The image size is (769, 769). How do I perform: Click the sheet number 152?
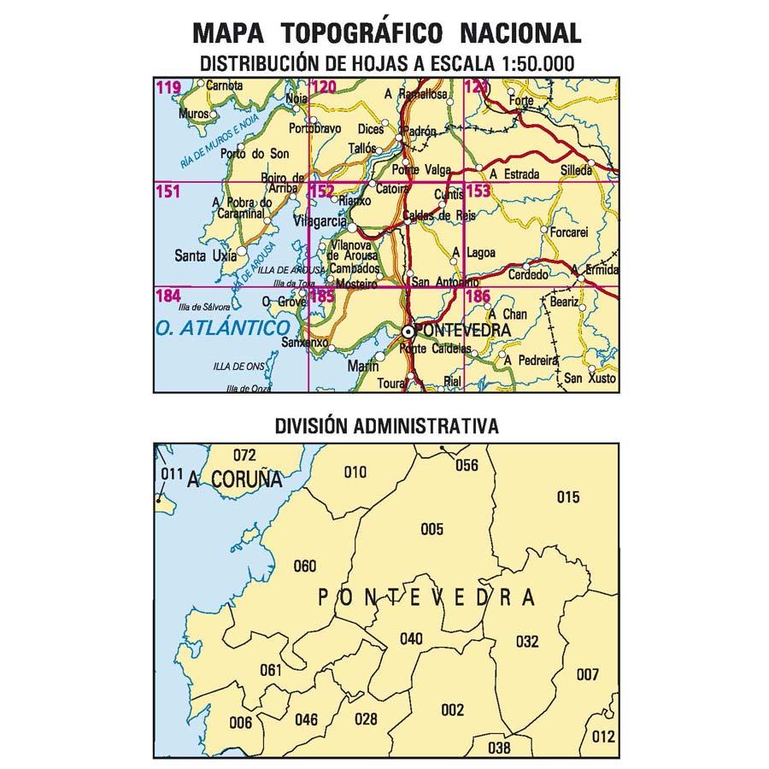322,192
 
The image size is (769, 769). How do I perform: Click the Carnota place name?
226,85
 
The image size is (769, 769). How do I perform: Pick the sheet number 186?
478,296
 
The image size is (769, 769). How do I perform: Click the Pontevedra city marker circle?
408,331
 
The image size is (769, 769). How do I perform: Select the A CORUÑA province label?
234,479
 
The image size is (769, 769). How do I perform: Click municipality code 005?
432,530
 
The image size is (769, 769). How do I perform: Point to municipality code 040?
411,638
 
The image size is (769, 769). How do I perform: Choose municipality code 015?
568,497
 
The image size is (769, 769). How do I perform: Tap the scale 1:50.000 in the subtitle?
526,63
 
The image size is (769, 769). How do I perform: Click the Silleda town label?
576,171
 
